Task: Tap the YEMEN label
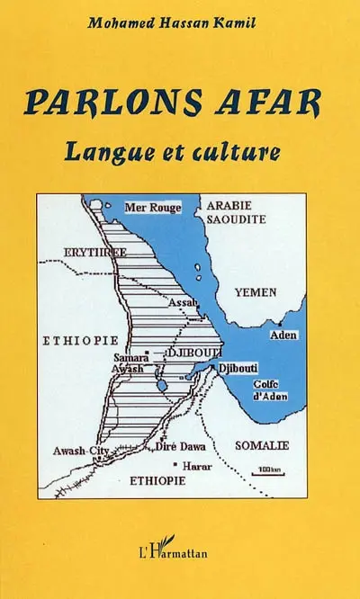pos(255,293)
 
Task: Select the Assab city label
pos(183,304)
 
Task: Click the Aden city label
pos(283,335)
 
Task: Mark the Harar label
pos(197,467)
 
